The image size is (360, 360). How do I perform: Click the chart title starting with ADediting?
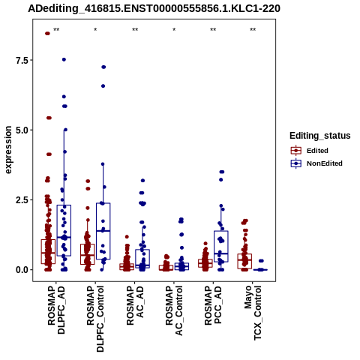tap(154, 9)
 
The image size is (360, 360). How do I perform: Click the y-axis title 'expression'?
tap(8, 150)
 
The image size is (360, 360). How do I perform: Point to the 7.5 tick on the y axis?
tap(21, 60)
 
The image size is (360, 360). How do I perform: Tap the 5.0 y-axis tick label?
tap(21, 130)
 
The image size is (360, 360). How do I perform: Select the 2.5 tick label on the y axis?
tap(21, 200)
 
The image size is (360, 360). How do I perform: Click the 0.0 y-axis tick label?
tap(21, 270)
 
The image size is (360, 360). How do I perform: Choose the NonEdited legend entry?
tap(316, 163)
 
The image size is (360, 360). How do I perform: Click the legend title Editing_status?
tap(320, 136)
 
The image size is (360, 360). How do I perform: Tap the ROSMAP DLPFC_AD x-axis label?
tap(56, 310)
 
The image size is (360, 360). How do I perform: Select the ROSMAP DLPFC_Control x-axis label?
tap(95, 319)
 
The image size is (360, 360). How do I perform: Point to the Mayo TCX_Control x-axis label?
tap(253, 313)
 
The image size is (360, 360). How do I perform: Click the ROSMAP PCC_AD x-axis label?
tap(213, 305)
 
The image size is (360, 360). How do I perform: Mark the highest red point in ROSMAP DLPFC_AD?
tap(47, 34)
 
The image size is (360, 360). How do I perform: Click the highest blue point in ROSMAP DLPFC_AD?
tap(64, 59)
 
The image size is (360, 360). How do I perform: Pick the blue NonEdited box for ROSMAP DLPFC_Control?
tap(103, 231)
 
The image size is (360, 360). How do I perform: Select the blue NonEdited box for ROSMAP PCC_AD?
tap(221, 246)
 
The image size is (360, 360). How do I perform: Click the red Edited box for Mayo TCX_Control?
tap(244, 261)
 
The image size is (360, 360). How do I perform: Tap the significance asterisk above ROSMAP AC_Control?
tap(174, 30)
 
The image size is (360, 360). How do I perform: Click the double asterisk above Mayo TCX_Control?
tap(253, 30)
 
